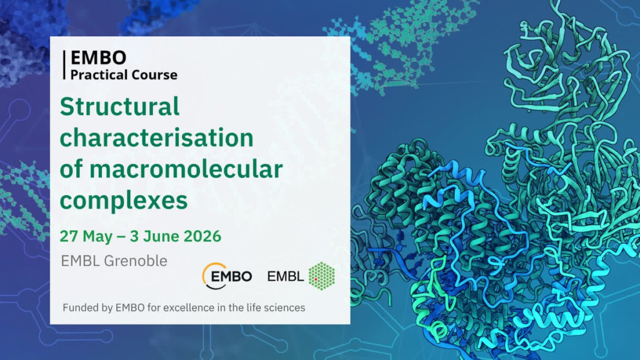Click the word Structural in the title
pyautogui.click(x=119, y=107)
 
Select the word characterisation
pyautogui.click(x=156, y=137)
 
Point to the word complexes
pyautogui.click(x=123, y=200)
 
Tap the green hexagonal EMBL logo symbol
pyautogui.click(x=322, y=276)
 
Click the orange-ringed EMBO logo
pyautogui.click(x=227, y=276)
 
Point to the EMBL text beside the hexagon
pyautogui.click(x=286, y=276)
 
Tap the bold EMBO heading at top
pyautogui.click(x=98, y=58)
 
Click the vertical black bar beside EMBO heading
pyautogui.click(x=64, y=65)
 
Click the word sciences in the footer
pyautogui.click(x=285, y=308)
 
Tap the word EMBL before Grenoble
pyautogui.click(x=77, y=261)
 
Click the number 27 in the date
pyautogui.click(x=67, y=236)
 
